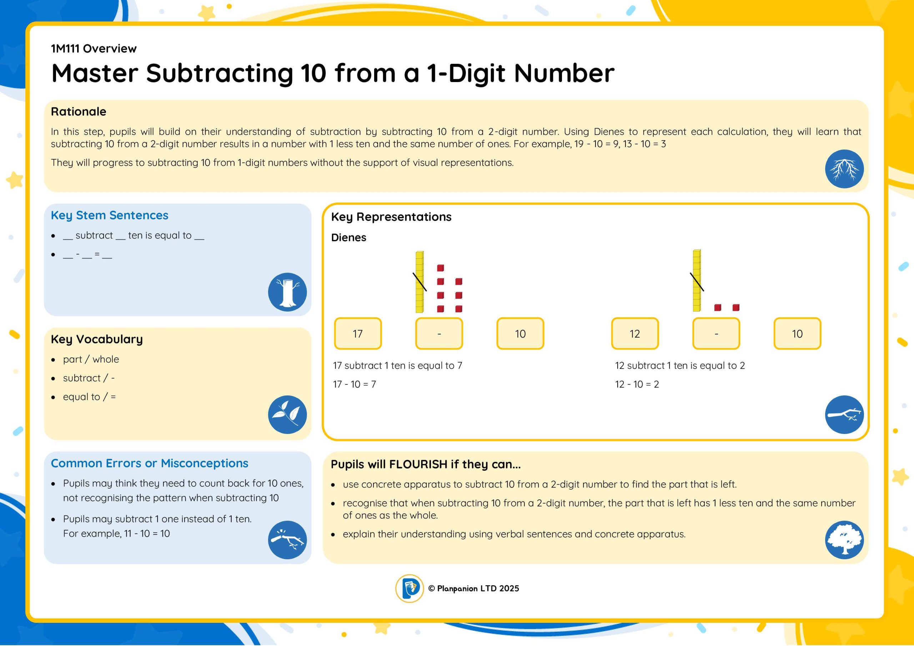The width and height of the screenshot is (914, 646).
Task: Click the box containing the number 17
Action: pos(357,334)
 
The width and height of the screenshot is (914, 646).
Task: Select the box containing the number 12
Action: pos(635,334)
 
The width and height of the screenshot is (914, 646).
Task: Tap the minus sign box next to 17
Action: pos(439,334)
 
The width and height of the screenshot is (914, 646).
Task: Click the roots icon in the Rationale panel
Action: pos(844,169)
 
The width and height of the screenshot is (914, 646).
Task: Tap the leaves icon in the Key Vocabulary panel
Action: pos(287,415)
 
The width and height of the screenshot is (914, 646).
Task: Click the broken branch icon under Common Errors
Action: pos(287,540)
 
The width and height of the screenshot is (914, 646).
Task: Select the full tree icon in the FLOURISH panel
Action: pos(844,540)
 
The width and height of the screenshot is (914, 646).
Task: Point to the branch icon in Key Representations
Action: pos(844,415)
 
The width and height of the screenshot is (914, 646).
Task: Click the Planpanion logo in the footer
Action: pos(409,588)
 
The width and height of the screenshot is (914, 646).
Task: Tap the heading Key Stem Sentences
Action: pos(110,215)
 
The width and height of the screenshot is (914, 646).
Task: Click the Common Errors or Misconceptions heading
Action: pos(149,463)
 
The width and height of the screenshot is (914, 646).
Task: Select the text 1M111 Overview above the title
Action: pos(94,49)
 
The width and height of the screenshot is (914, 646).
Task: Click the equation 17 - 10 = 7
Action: pos(354,384)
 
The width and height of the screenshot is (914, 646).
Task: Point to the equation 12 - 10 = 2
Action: pos(637,384)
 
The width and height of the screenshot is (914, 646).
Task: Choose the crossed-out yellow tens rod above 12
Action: pos(697,281)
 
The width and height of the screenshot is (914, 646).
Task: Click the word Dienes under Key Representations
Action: pos(348,238)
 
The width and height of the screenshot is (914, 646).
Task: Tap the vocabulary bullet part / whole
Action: pos(91,359)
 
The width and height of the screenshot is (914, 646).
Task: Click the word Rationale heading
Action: pos(79,111)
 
